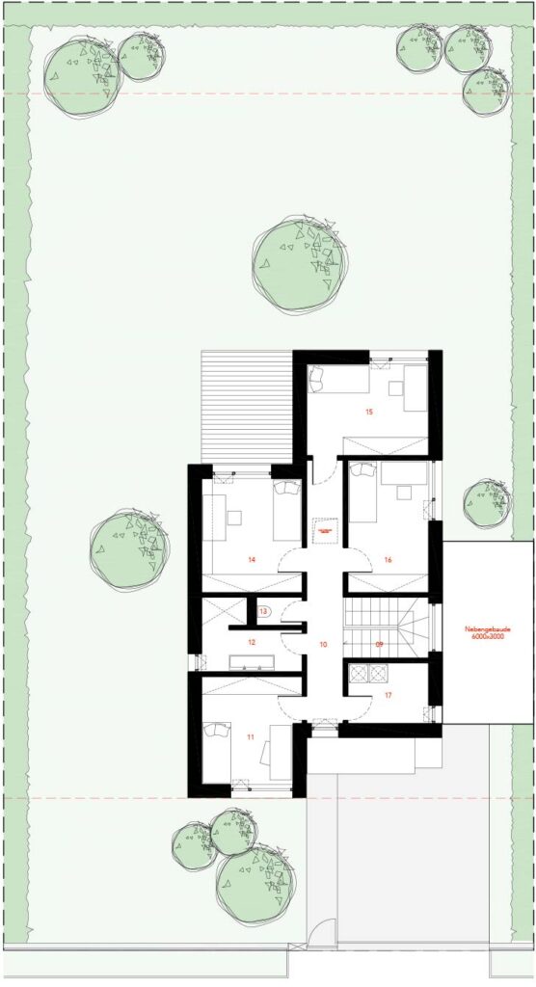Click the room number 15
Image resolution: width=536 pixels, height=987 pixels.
[368, 412]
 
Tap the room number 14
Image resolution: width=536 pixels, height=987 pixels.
[251, 559]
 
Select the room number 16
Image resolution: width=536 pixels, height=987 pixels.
[387, 559]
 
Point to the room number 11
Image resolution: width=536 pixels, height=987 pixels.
[251, 737]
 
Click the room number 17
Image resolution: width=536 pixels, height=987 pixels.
[389, 694]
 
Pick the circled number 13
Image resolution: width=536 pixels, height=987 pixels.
[263, 610]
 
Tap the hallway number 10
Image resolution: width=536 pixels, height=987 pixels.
[323, 643]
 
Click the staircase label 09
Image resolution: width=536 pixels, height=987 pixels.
[380, 643]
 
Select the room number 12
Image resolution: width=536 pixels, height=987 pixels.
[251, 641]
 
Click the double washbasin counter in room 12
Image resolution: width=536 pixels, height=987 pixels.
[252, 661]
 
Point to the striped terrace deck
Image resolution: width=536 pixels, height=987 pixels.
[246, 405]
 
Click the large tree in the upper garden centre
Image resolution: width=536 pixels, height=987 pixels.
[300, 263]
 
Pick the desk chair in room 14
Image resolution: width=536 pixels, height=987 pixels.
[234, 517]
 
